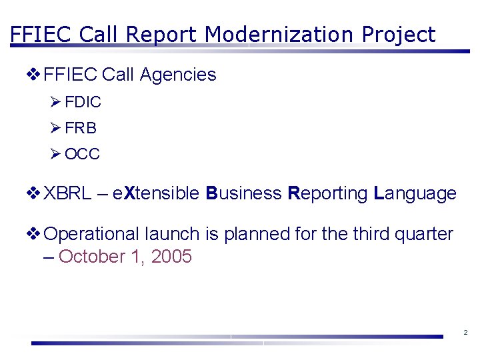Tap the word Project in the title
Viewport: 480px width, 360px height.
tap(398, 34)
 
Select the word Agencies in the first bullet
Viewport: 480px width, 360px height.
tap(178, 75)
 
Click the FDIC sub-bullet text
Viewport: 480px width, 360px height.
tap(83, 102)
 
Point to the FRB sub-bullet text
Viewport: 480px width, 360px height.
tap(81, 128)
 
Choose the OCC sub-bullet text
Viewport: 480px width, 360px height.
tap(83, 154)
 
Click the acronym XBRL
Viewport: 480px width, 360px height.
tap(67, 193)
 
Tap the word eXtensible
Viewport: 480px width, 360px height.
tap(156, 193)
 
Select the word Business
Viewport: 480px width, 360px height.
tap(244, 193)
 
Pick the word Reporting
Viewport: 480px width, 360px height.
tap(327, 193)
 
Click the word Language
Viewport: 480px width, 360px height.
tap(415, 193)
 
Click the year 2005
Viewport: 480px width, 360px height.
tap(171, 257)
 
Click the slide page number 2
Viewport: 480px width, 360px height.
tap(465, 332)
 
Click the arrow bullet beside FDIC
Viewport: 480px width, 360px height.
tap(55, 102)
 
